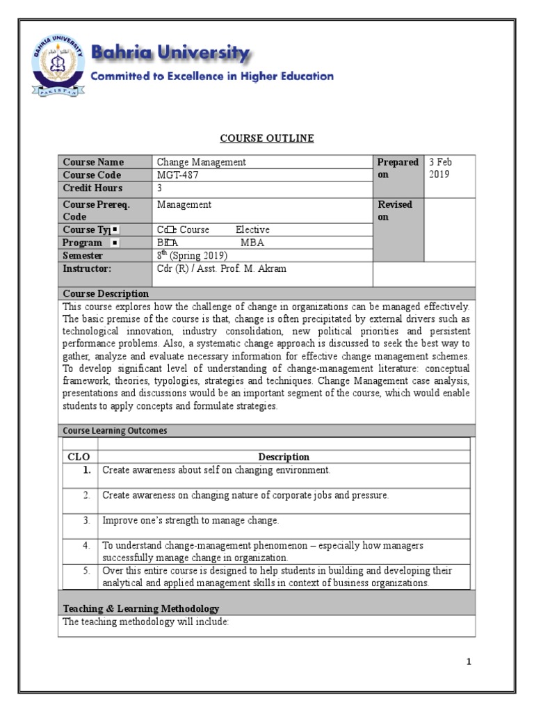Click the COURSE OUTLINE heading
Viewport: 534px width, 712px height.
click(x=267, y=139)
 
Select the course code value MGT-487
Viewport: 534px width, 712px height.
click(x=177, y=175)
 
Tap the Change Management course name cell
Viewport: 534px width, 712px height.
click(x=201, y=162)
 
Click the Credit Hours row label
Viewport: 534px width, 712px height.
click(x=92, y=188)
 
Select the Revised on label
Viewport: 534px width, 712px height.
click(x=395, y=211)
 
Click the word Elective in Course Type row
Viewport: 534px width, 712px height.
click(x=252, y=230)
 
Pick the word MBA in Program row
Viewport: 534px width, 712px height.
click(x=252, y=243)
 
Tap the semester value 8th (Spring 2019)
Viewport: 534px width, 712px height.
click(x=192, y=255)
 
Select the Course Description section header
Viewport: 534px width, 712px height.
click(x=106, y=293)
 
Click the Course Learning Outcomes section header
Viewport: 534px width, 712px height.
click(x=115, y=430)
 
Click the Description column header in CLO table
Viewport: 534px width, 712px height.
click(x=284, y=457)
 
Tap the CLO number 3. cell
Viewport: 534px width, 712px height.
click(x=87, y=520)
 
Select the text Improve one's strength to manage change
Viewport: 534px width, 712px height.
click(x=191, y=520)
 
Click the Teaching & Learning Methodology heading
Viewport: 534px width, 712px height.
click(x=141, y=608)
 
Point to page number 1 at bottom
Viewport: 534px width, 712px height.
click(x=469, y=662)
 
